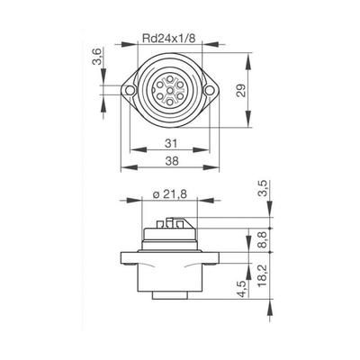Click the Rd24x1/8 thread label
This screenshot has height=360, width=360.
pyautogui.click(x=169, y=39)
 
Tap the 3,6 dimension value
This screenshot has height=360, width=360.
pyautogui.click(x=98, y=56)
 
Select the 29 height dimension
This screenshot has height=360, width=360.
pyautogui.click(x=241, y=90)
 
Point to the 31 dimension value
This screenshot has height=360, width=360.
pyautogui.click(x=171, y=143)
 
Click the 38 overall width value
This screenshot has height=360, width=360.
pyautogui.click(x=172, y=161)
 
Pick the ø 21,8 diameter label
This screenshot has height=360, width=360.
pyautogui.click(x=170, y=194)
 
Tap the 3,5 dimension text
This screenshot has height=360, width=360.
pyautogui.click(x=262, y=188)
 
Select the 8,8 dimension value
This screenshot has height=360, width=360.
pyautogui.click(x=262, y=239)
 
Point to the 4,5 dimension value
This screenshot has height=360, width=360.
pyautogui.click(x=243, y=289)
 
